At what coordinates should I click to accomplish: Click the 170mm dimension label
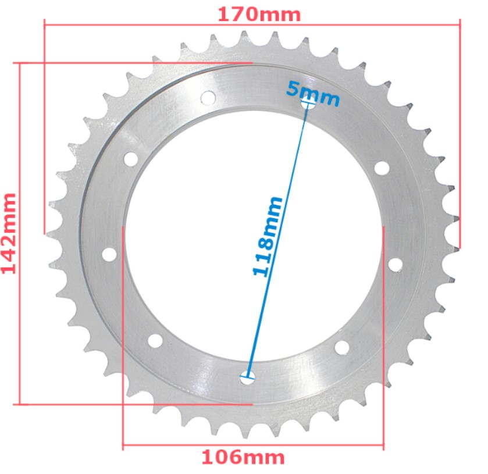(259, 14)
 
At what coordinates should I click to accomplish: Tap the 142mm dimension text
(10, 233)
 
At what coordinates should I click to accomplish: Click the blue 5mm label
(312, 92)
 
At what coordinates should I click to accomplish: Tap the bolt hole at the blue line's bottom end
(248, 377)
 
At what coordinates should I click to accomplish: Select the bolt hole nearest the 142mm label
(109, 254)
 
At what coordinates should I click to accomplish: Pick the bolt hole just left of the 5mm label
(208, 97)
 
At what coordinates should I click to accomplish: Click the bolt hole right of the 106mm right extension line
(395, 265)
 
